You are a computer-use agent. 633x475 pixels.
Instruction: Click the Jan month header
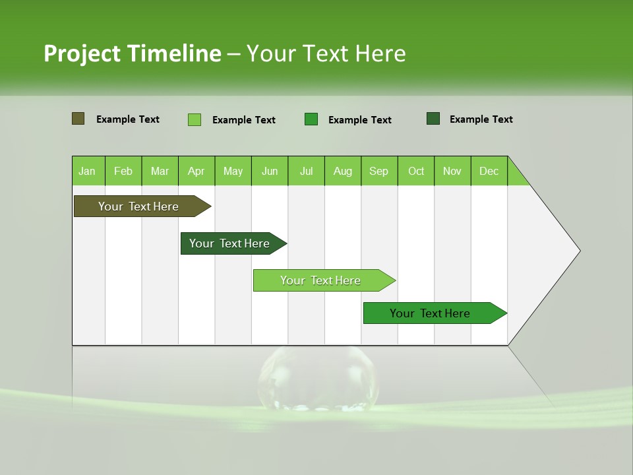[88, 171]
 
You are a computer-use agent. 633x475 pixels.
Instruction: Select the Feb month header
[123, 171]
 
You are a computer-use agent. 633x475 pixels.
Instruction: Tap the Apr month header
[196, 171]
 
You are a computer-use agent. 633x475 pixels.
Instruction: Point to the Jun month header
[270, 171]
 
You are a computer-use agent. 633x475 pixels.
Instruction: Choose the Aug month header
[343, 171]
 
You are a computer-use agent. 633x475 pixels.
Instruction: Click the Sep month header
[379, 171]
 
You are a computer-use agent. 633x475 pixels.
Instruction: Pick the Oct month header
[416, 171]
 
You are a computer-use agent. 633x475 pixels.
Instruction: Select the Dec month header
[489, 171]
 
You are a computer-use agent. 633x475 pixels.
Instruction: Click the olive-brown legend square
[78, 119]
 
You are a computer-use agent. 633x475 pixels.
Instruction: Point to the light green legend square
[195, 119]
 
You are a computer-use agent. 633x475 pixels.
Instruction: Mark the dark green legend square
[433, 119]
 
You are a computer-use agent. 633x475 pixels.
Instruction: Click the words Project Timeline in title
[132, 53]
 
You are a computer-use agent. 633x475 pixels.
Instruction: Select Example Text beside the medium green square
[359, 119]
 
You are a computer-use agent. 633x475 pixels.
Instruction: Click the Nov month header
[452, 171]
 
